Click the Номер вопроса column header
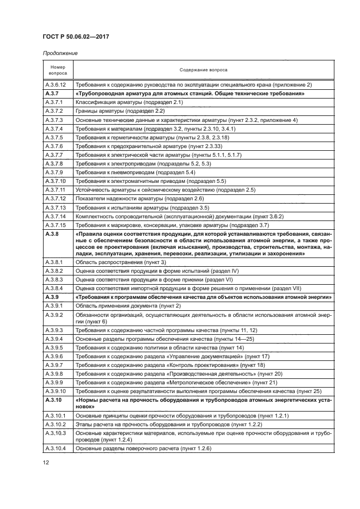pyautogui.click(x=58, y=70)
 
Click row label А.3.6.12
pyautogui.click(x=55, y=85)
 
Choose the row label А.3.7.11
pyautogui.click(x=54, y=189)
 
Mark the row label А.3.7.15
pyautogui.click(x=55, y=224)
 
